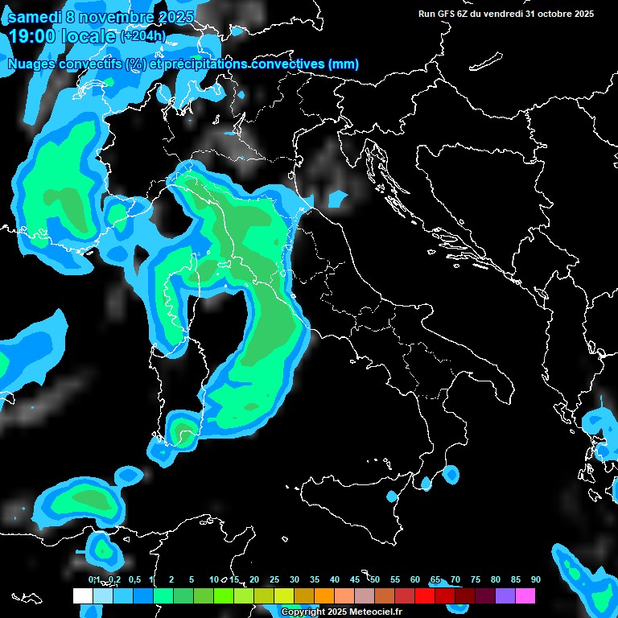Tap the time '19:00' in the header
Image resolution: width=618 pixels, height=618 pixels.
pyautogui.click(x=35, y=36)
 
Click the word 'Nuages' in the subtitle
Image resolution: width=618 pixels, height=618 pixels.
pyautogui.click(x=34, y=64)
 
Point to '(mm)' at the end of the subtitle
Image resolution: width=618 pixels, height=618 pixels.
pyautogui.click(x=343, y=64)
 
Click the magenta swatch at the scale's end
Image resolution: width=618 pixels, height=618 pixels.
pyautogui.click(x=525, y=596)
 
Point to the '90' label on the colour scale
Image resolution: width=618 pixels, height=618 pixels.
pyautogui.click(x=535, y=580)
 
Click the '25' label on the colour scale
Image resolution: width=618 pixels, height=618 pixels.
pyautogui.click(x=274, y=580)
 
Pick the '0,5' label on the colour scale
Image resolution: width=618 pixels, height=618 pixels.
pyautogui.click(x=134, y=580)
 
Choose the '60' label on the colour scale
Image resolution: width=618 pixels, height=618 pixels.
pyautogui.click(x=414, y=580)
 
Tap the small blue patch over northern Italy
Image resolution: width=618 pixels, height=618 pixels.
pyautogui.click(x=338, y=198)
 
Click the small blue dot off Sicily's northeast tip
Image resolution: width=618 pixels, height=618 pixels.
pyautogui.click(x=426, y=483)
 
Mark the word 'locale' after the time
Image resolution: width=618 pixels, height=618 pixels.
pyautogui.click(x=85, y=36)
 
